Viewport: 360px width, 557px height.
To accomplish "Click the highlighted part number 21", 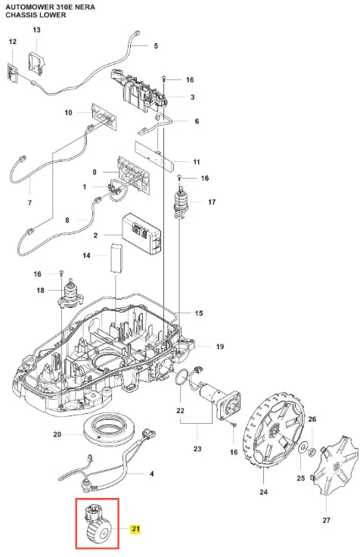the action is pos(135,529).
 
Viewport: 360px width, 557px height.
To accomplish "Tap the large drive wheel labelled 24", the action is pos(273,432).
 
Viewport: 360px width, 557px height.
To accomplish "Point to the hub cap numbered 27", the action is pos(332,465).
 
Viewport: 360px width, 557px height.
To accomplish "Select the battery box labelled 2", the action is pos(141,234).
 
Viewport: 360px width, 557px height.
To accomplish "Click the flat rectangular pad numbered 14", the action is pos(116,258).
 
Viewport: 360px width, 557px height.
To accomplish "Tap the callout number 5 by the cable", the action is pos(156,46).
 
